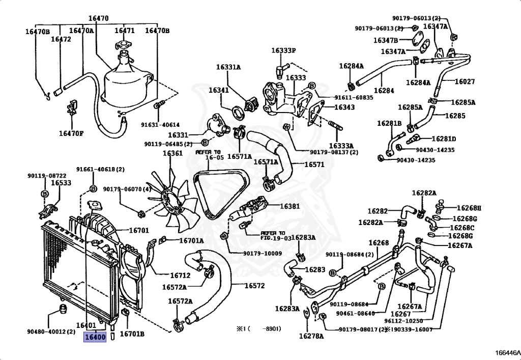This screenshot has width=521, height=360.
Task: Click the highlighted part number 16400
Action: tap(95, 337)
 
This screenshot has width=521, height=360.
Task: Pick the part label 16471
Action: tap(125, 31)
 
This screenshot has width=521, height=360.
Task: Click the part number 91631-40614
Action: tap(160, 125)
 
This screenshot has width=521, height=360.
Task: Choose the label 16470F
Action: tap(71, 133)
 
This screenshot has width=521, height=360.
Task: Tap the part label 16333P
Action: tap(283, 50)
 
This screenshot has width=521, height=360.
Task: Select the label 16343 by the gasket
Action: tap(344, 107)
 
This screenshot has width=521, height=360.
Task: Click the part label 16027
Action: tap(465, 81)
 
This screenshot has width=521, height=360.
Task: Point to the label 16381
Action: tap(290, 206)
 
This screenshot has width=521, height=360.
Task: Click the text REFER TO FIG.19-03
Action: tap(276, 236)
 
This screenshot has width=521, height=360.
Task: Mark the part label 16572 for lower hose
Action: tap(255, 286)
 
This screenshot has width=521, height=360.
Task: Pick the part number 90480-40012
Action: tap(51, 331)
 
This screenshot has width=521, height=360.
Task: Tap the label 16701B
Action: tap(132, 334)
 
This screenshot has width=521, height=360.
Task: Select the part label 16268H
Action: tap(469, 208)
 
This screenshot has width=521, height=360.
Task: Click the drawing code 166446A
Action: tap(507, 352)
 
